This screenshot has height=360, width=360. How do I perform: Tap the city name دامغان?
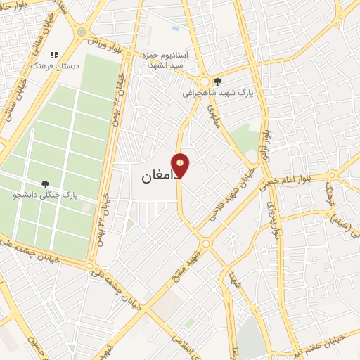click(150, 178)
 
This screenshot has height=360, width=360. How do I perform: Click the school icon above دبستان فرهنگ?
click(54, 54)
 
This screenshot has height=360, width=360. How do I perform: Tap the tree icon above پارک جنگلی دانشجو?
click(46, 184)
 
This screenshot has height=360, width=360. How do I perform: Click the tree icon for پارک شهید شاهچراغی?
click(218, 82)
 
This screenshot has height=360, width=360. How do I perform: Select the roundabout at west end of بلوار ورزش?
click(83, 32)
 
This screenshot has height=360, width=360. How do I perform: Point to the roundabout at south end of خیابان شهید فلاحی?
click(205, 243)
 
